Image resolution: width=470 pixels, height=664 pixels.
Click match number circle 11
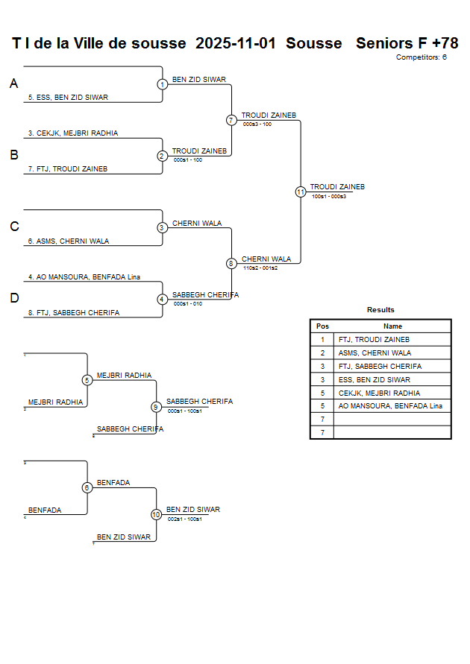click(x=301, y=192)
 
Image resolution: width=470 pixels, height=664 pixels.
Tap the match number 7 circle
click(x=231, y=120)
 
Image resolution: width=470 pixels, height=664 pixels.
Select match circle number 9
click(x=156, y=407)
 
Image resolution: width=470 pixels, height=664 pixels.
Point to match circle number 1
click(x=162, y=84)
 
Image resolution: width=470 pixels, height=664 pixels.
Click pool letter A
click(x=13, y=84)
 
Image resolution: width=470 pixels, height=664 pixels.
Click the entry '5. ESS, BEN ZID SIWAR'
click(x=68, y=98)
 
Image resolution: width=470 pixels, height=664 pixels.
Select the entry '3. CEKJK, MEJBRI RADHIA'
click(x=72, y=133)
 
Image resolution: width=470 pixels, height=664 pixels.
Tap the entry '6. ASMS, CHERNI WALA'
click(x=69, y=241)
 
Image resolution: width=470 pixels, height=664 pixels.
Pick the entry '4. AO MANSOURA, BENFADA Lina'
click(x=84, y=277)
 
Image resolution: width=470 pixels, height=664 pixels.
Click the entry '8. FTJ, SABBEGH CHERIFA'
click(x=74, y=313)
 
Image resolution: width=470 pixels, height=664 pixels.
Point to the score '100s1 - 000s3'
click(x=328, y=197)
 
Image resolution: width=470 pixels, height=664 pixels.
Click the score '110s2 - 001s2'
click(x=260, y=268)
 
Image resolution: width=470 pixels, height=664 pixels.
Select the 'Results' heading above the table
click(x=380, y=310)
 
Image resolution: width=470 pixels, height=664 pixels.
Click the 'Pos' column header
click(x=322, y=326)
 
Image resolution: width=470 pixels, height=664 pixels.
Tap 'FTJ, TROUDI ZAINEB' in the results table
click(x=374, y=340)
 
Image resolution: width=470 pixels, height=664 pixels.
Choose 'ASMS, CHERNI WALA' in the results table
click(x=374, y=353)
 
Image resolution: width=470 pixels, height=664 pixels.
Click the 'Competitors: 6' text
click(x=421, y=57)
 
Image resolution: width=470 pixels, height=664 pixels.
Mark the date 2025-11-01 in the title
click(x=236, y=43)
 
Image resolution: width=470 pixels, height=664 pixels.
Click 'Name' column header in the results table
click(x=392, y=326)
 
